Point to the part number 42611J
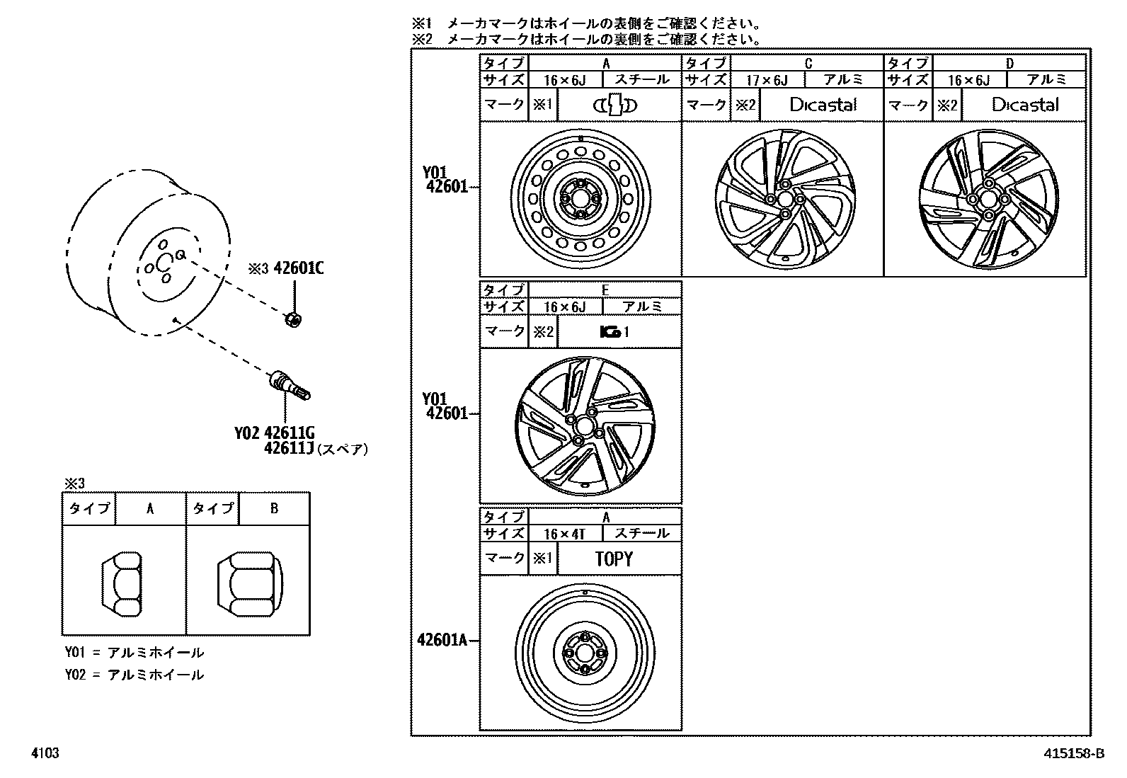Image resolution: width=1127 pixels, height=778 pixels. pos(289,448)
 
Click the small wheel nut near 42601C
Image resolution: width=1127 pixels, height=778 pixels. pos(292,319)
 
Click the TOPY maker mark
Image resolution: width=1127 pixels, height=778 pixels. pos(614,559)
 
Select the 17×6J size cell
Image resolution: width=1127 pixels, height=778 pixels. pos(767,81)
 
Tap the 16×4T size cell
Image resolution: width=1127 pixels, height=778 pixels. pos(564,534)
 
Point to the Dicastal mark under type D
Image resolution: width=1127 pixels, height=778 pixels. pos(1025,105)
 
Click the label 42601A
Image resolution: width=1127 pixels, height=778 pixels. pos(443,641)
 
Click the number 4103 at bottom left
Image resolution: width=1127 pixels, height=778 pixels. pos(45,754)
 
